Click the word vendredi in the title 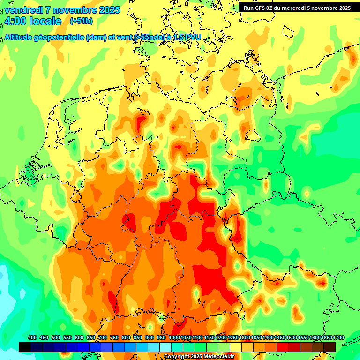22,10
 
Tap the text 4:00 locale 32,22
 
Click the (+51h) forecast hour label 81,21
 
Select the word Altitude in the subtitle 20,37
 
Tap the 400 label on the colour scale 32,337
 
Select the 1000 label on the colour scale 174,337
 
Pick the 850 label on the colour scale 138,337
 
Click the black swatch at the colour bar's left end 25,347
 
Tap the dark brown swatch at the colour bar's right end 330,347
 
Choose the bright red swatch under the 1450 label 283,347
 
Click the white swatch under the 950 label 165,347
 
